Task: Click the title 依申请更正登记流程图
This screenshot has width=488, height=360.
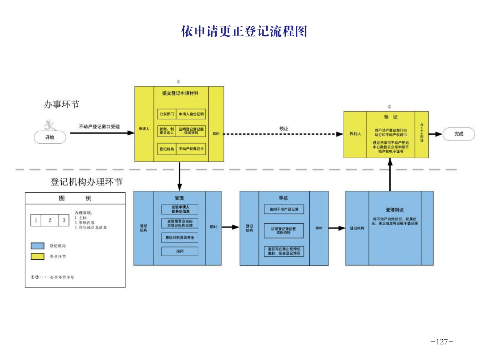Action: click(x=244, y=32)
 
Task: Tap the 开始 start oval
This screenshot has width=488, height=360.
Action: click(x=50, y=137)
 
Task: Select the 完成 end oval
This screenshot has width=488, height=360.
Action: click(x=459, y=134)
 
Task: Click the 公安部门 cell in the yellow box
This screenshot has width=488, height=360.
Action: click(x=167, y=114)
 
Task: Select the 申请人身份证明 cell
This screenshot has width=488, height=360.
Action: click(x=191, y=114)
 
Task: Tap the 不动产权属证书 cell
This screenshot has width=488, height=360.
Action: click(x=191, y=149)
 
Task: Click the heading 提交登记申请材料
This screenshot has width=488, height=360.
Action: click(x=180, y=93)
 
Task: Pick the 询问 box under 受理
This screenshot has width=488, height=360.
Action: click(x=180, y=251)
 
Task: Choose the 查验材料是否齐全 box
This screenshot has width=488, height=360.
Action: click(x=180, y=238)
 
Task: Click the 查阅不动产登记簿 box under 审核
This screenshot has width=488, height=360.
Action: click(x=284, y=209)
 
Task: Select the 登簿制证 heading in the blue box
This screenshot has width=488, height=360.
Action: click(x=394, y=210)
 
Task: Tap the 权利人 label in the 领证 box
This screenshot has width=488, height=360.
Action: click(x=355, y=134)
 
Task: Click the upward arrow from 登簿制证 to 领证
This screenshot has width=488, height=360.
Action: click(x=390, y=176)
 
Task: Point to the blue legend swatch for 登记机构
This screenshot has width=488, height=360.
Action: click(x=38, y=246)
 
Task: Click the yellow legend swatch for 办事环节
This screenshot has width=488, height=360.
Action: click(x=38, y=256)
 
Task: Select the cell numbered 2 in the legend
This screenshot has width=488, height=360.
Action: click(x=50, y=220)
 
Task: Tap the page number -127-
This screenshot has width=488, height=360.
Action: click(x=442, y=341)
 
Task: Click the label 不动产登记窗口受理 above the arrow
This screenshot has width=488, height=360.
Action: click(x=99, y=127)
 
